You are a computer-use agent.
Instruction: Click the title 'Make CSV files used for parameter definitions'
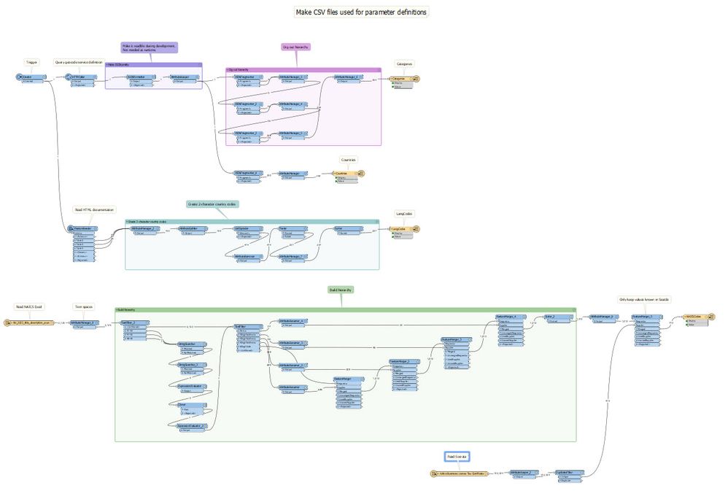coord(360,12)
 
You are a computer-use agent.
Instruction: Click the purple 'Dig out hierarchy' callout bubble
coord(296,47)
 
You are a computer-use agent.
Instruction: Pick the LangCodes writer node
coord(402,228)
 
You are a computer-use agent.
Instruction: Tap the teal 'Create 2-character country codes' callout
coord(212,204)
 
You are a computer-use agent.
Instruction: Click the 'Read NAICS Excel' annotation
coord(29,306)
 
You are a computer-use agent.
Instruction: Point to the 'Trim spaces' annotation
coord(84,306)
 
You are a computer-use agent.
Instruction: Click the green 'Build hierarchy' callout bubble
coord(341,290)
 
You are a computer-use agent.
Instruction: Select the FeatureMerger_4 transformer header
coord(506,317)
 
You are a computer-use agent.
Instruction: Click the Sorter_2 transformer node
coord(555,317)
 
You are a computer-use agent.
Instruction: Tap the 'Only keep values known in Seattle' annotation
coord(644,300)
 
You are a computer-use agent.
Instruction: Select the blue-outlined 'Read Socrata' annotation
coord(457,457)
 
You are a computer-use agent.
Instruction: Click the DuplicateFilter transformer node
coord(568,473)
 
